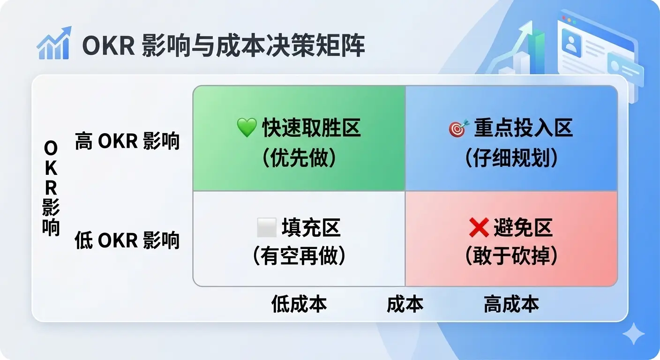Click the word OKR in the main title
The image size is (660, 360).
108,45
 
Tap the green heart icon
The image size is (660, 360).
247,127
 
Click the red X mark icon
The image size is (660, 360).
479,227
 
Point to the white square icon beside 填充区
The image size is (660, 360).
267,227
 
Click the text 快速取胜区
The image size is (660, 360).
311,128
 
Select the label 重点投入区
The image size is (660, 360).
524,128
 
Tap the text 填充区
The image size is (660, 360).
311,227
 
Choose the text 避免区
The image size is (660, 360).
523,227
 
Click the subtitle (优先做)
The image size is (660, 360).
299,157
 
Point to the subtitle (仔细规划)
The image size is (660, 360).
511,157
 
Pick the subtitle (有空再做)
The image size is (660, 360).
299,256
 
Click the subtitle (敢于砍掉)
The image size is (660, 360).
511,256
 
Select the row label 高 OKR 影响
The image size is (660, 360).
127,141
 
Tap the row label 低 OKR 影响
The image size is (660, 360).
127,240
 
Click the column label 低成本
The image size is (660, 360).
299,304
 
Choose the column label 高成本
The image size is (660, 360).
511,304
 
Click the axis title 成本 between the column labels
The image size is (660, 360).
405,304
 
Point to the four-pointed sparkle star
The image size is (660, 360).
633,333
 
